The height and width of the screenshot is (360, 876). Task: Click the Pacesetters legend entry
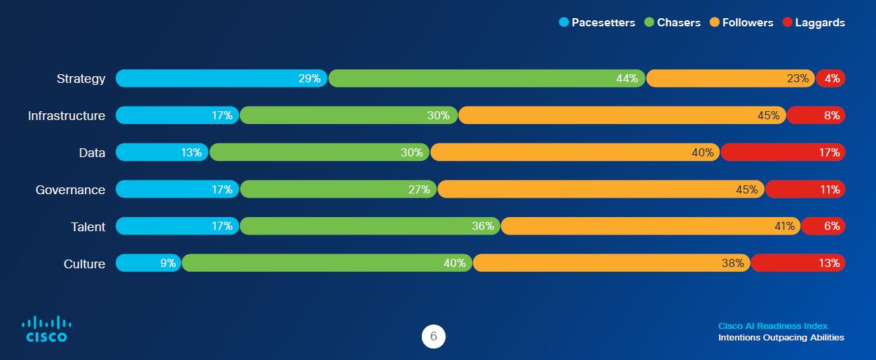[x=597, y=22]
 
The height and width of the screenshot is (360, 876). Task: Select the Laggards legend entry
[x=813, y=22]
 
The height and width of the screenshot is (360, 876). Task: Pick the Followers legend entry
[x=741, y=22]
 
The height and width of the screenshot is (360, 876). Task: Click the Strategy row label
[x=81, y=79]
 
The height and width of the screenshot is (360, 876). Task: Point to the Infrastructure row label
[x=67, y=116]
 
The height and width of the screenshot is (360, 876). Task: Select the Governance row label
[x=71, y=190]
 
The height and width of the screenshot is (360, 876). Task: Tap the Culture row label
[x=84, y=264]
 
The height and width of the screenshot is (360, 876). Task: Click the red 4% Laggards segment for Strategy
[x=830, y=78]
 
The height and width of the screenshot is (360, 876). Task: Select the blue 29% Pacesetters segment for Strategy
[x=222, y=78]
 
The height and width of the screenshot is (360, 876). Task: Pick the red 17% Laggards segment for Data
[x=782, y=152]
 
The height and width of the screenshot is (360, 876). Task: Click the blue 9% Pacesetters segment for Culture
[x=148, y=263]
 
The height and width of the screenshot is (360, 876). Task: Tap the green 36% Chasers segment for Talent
[x=370, y=226]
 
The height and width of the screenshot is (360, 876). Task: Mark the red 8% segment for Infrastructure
[x=815, y=115]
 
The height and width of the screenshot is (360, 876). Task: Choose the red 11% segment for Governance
[x=805, y=189]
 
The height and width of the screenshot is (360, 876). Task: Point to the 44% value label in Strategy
[x=627, y=78]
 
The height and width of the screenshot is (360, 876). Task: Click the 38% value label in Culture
[x=732, y=263]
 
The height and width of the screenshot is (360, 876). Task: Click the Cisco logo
[x=46, y=329]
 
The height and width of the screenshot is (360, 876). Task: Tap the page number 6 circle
[x=433, y=337]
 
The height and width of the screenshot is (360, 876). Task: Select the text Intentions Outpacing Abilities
[x=780, y=338]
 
